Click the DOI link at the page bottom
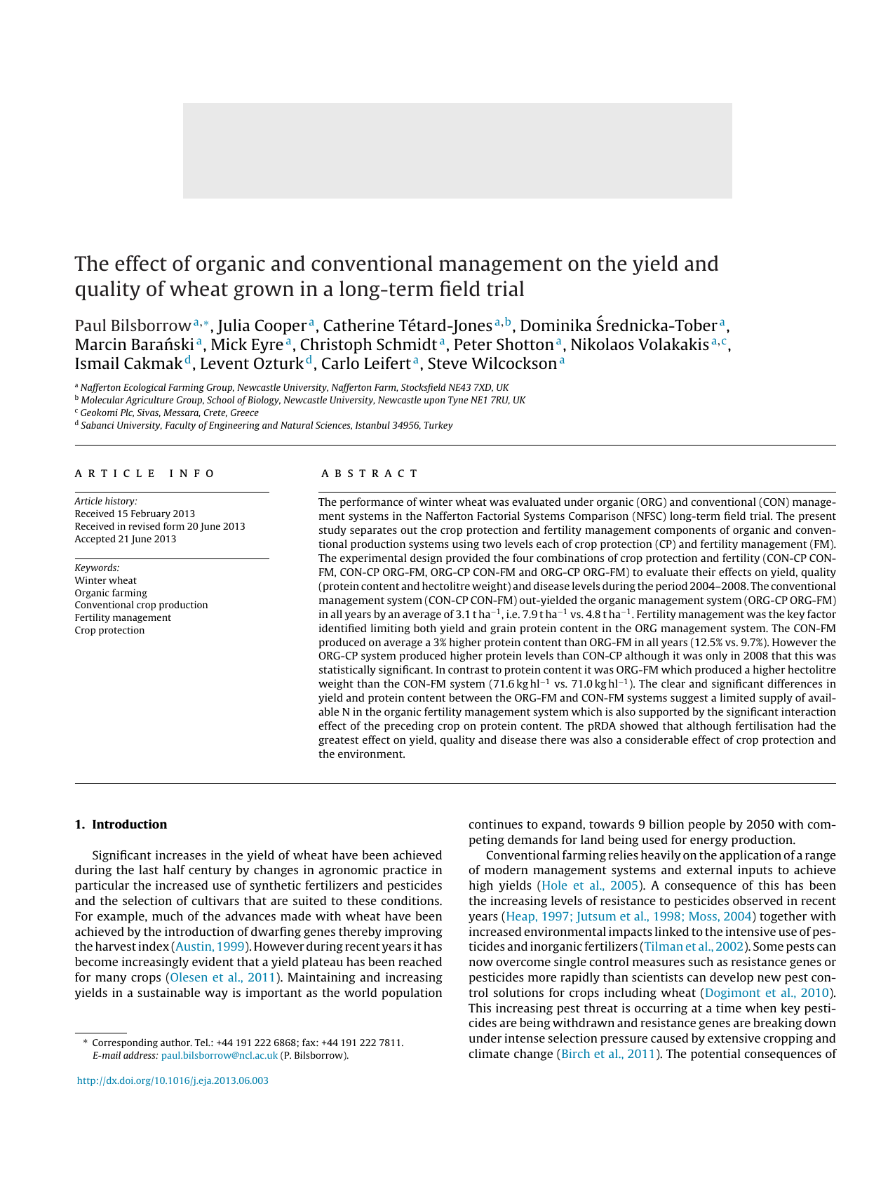(x=172, y=1080)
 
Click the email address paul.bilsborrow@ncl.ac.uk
(x=219, y=1055)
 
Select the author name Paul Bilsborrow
(x=133, y=326)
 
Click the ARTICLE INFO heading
(x=145, y=474)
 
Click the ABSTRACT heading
(x=370, y=474)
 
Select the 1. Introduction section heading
(x=121, y=824)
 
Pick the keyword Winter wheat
(x=105, y=580)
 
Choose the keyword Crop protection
(x=109, y=630)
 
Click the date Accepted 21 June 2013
(x=126, y=539)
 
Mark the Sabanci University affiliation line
(x=266, y=425)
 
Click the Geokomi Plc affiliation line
(x=169, y=413)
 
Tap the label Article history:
(x=106, y=501)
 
